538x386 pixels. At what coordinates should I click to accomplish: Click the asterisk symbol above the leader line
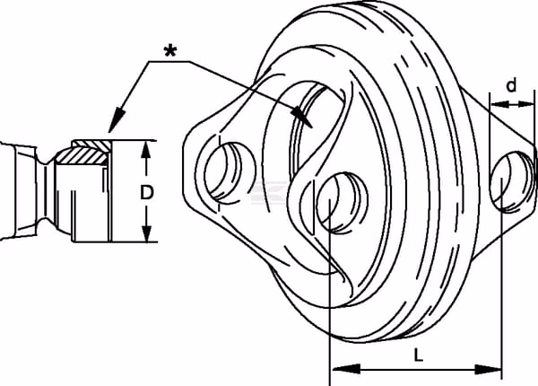[170, 52]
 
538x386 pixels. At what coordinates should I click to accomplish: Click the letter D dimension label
[146, 192]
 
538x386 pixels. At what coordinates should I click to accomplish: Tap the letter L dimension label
[418, 355]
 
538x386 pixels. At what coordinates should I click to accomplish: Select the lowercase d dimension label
[511, 85]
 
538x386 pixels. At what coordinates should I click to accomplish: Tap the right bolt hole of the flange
[512, 181]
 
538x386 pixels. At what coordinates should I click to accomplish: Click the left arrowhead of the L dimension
[346, 370]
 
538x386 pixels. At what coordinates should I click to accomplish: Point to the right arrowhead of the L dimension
[488, 370]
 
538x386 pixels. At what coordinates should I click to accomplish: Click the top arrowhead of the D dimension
[146, 150]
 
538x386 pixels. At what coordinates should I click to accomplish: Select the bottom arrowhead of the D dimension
[146, 233]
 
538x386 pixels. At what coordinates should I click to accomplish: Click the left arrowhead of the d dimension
[499, 104]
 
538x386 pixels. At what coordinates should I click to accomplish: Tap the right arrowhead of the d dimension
[526, 104]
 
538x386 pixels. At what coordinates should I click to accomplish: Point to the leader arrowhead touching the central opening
[302, 116]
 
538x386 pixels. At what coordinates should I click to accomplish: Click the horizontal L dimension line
[417, 370]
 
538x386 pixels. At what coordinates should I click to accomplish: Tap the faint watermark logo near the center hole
[269, 192]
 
